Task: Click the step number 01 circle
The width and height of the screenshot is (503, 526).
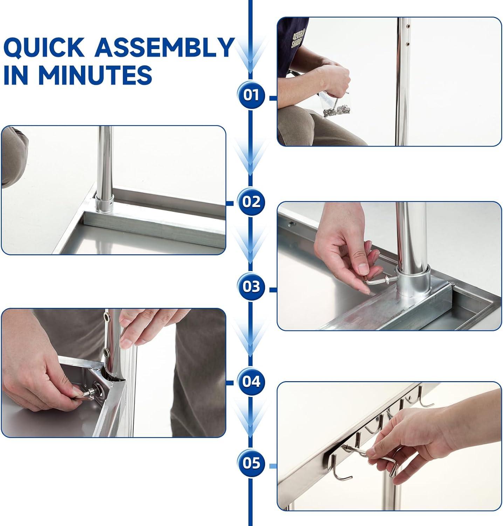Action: tap(251, 95)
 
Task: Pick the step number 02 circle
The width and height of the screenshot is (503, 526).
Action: tap(251, 202)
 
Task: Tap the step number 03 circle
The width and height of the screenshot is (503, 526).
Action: tap(251, 287)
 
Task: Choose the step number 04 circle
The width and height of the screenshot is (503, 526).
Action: tap(251, 381)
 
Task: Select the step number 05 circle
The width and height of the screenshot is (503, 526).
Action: tap(251, 463)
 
